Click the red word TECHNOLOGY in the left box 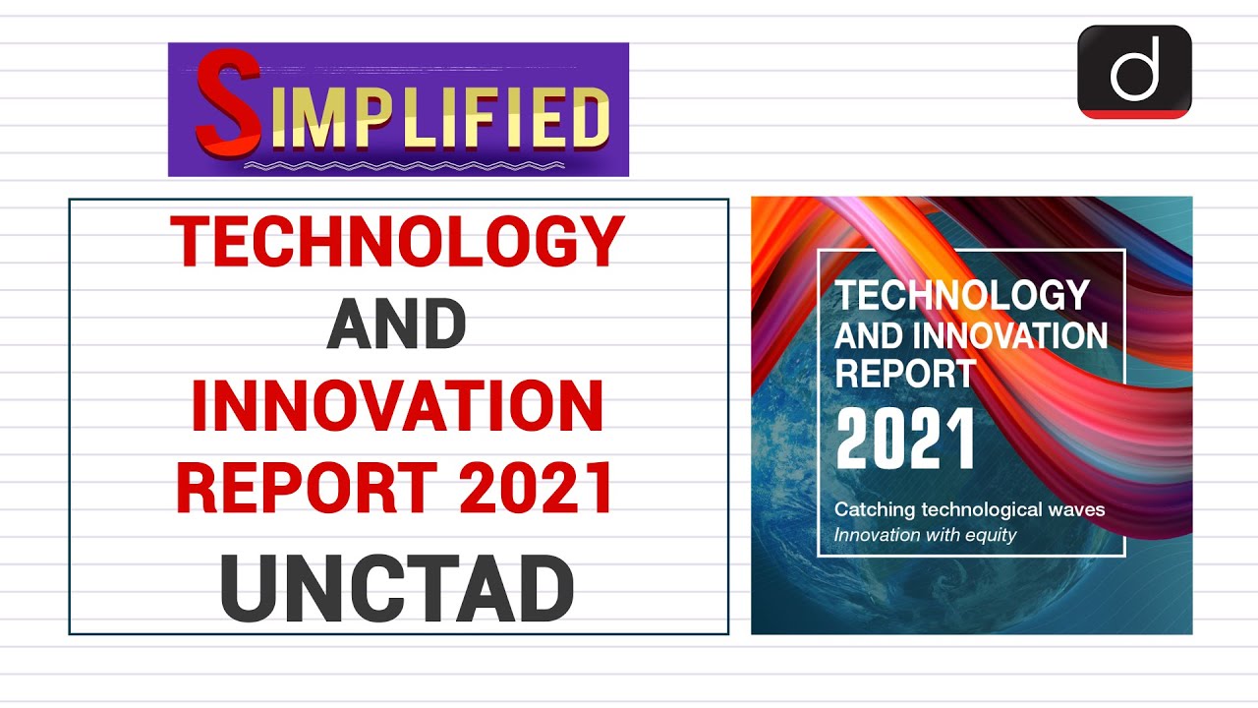coord(398,242)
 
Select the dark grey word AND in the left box coord(396,325)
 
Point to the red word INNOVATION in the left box coord(396,406)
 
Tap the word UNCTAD coord(396,590)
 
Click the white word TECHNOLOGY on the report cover coord(961,295)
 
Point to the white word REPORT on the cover coord(904,373)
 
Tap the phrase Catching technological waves coord(969,509)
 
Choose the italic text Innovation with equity coord(925,535)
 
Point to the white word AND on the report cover coord(867,335)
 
